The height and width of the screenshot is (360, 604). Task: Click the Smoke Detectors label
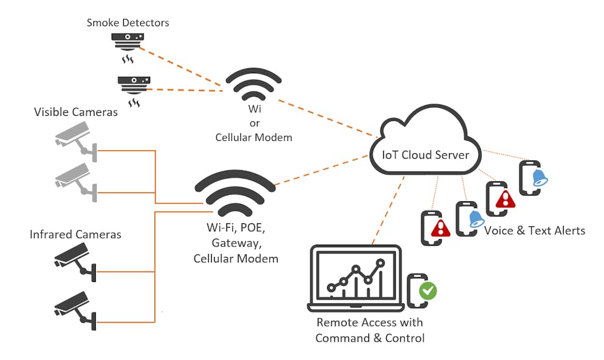coord(128,23)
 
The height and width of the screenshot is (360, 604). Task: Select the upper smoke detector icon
coord(128,43)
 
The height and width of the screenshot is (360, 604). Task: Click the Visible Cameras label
coord(76,112)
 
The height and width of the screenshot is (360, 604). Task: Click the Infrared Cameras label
coord(76,234)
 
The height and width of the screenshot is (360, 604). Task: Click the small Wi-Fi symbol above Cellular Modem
coord(253,85)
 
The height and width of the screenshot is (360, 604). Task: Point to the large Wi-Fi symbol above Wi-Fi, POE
coord(239,190)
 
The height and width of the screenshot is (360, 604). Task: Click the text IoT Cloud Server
coord(425,154)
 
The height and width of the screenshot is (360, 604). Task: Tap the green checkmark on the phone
coord(428,290)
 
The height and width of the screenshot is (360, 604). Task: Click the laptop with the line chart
coord(356,278)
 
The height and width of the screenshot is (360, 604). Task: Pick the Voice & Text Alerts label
coord(534,231)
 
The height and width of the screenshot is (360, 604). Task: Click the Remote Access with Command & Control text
coord(370,330)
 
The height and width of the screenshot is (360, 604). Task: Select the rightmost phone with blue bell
coord(531,178)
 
